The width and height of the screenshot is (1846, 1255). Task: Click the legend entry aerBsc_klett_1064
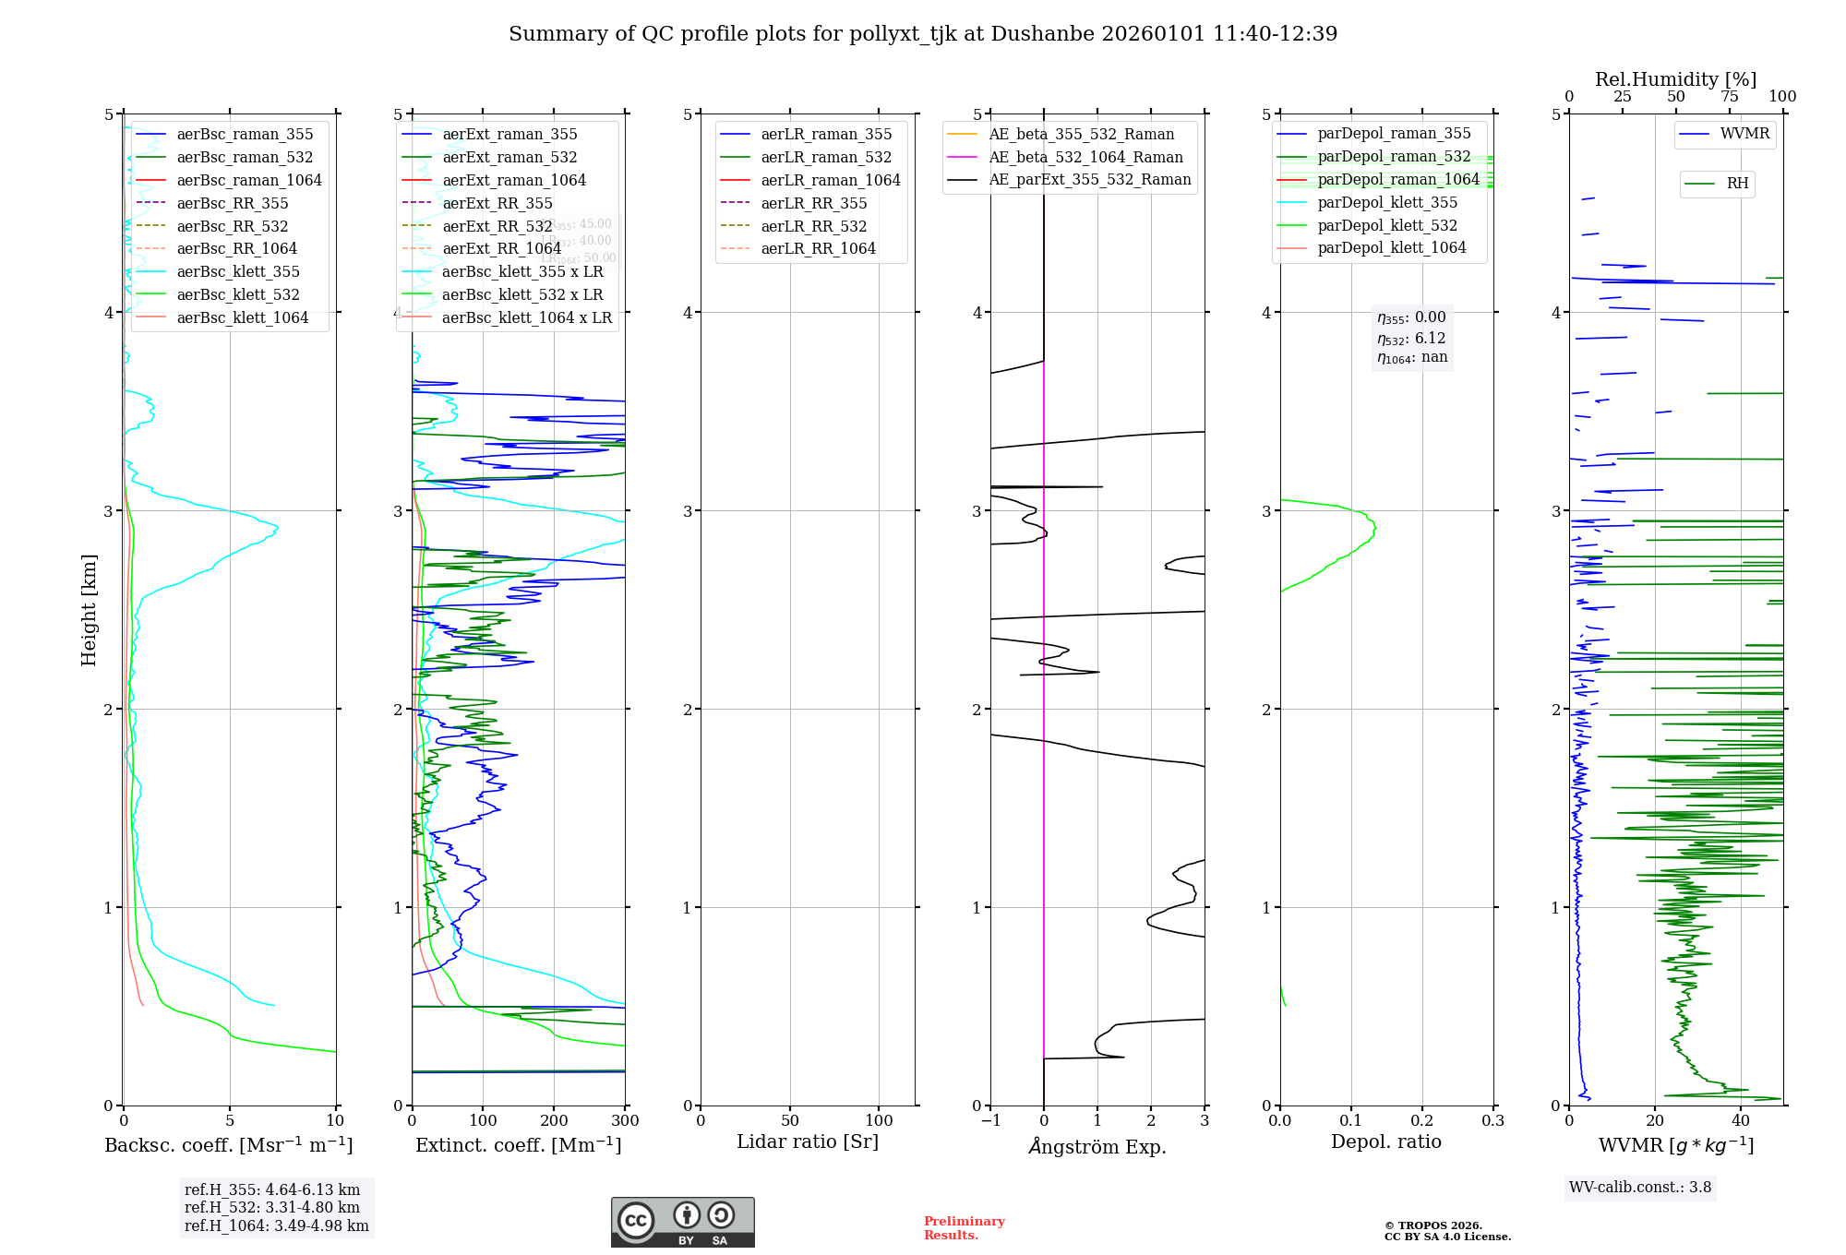point(242,318)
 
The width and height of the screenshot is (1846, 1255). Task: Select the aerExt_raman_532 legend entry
point(509,158)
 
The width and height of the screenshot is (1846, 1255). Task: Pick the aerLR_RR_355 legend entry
point(813,203)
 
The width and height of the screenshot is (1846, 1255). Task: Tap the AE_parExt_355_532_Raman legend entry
point(1089,180)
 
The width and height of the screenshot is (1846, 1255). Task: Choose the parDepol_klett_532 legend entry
point(1387,226)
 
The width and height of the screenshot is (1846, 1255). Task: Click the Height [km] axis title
point(89,610)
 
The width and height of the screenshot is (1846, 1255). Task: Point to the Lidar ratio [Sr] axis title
point(808,1142)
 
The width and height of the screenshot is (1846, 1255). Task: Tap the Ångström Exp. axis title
point(1097,1147)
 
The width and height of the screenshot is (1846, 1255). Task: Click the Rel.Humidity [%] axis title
point(1675,79)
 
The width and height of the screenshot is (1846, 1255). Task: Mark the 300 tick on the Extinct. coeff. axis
point(625,1121)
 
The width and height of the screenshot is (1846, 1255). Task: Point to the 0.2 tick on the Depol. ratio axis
point(1422,1121)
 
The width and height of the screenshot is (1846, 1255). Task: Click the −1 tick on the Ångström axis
point(990,1121)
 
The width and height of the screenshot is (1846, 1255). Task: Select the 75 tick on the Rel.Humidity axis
point(1729,97)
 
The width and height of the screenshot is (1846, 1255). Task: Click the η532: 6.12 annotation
point(1411,339)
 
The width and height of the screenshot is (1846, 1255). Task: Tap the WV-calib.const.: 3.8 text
point(1640,1188)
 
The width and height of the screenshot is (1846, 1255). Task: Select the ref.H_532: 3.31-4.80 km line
point(272,1208)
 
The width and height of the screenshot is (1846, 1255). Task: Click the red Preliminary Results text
point(964,1228)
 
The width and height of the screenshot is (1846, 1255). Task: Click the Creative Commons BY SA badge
point(682,1223)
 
